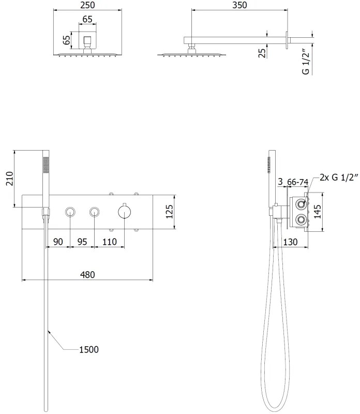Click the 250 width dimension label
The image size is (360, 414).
tap(87, 5)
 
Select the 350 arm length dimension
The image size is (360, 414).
tap(239, 5)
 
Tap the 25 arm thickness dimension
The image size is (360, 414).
tap(262, 53)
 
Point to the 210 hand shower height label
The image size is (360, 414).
tap(9, 179)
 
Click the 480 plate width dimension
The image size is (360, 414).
tap(87, 275)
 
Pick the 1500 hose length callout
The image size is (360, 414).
tap(89, 349)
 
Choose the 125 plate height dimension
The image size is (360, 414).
tap(170, 212)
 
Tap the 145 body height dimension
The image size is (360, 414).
tap(318, 212)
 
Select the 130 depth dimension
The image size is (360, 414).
tap(290, 242)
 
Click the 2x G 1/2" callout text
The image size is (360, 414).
tap(339, 178)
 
